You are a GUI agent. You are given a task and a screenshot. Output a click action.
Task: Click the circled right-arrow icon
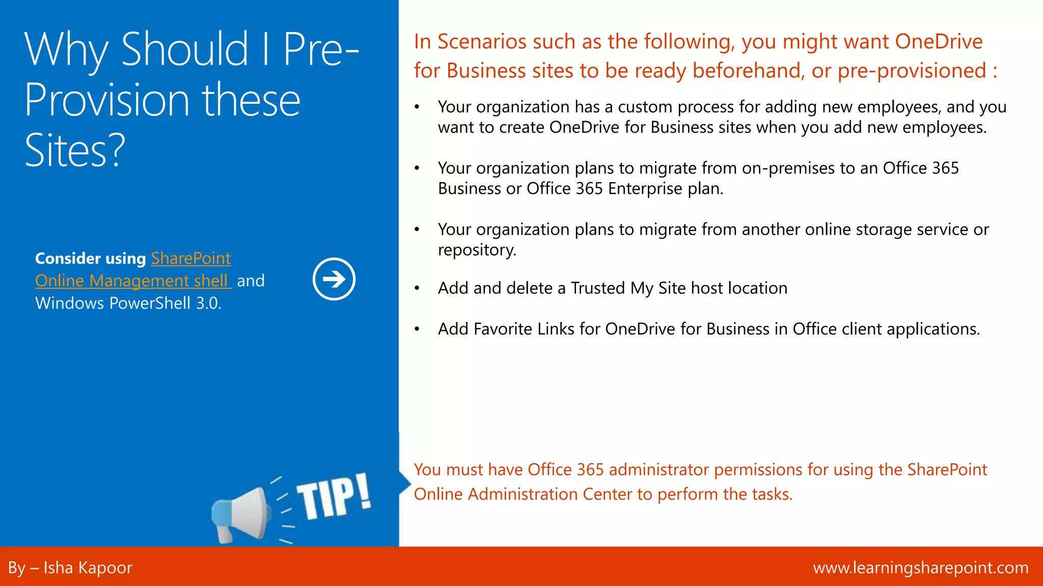pyautogui.click(x=334, y=279)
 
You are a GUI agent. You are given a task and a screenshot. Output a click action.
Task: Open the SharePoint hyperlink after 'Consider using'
pyautogui.click(x=191, y=258)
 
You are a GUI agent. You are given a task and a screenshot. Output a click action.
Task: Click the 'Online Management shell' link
pyautogui.click(x=133, y=281)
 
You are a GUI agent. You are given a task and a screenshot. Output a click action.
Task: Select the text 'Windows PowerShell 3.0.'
pyautogui.click(x=128, y=303)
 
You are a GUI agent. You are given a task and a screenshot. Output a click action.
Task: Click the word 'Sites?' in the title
pyautogui.click(x=75, y=151)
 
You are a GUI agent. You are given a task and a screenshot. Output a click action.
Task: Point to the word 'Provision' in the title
pyautogui.click(x=107, y=100)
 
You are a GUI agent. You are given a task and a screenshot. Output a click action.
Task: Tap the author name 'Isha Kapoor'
pyautogui.click(x=88, y=568)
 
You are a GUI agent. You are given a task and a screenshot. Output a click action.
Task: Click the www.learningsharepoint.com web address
pyautogui.click(x=920, y=568)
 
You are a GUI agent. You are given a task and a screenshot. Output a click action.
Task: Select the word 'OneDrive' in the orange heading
pyautogui.click(x=939, y=42)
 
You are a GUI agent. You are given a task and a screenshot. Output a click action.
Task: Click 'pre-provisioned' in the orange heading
pyautogui.click(x=912, y=71)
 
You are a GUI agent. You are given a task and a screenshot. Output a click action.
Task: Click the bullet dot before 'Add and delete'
pyautogui.click(x=417, y=288)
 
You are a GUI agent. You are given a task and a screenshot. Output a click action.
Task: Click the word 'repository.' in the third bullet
pyautogui.click(x=477, y=250)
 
